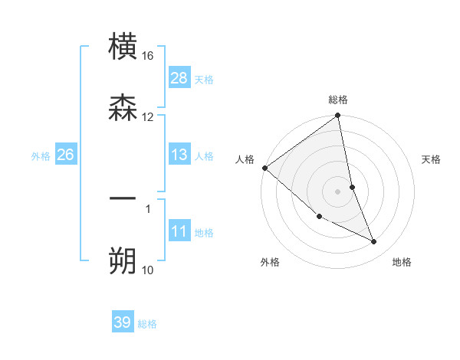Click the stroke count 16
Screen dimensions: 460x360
(x=148, y=56)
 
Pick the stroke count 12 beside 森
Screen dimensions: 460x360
(x=148, y=117)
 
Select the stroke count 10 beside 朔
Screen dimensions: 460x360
(x=148, y=270)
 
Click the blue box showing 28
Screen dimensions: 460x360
(x=179, y=78)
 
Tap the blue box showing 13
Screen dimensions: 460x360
(x=179, y=155)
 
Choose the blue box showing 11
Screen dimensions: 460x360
(x=179, y=231)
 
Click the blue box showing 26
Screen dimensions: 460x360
(x=65, y=155)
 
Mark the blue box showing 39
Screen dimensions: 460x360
(x=123, y=322)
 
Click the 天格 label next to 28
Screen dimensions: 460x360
(x=204, y=79)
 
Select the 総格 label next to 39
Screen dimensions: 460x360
(x=147, y=324)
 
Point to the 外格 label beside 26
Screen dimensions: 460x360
(x=41, y=155)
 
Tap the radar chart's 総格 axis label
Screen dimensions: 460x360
(x=338, y=100)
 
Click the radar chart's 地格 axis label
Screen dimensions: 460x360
(x=402, y=262)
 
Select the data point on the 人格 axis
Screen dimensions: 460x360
(x=264, y=168)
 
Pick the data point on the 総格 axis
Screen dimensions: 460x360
(x=338, y=116)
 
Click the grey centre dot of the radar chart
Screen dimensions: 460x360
(x=338, y=191)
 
